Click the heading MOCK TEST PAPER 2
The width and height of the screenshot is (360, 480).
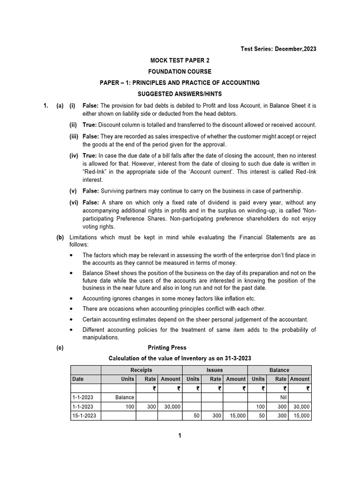[180, 60]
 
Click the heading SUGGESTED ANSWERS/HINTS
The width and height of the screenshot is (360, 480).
[180, 94]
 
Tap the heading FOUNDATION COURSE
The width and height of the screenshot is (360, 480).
[180, 72]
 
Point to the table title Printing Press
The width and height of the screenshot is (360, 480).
[167, 347]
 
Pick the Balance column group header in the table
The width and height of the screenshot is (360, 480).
[279, 370]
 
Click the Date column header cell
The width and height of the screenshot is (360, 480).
[78, 379]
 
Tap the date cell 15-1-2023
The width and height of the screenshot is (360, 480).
[84, 415]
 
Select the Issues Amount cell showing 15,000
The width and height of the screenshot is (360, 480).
[236, 415]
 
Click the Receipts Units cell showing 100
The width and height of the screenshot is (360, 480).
[127, 406]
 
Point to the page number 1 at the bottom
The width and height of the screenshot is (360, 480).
[180, 435]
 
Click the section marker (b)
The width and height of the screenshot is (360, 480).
[60, 238]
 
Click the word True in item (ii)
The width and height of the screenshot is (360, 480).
[90, 125]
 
